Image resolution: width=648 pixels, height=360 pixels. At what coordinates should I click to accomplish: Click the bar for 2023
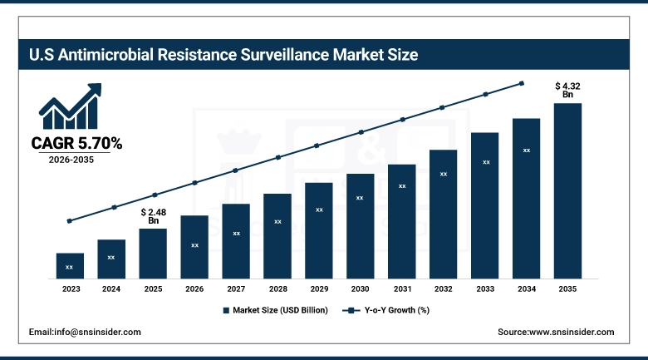(x=70, y=265)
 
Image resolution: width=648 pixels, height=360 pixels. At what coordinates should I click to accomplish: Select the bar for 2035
(x=567, y=190)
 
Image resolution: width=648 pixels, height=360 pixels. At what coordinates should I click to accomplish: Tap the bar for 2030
(x=360, y=225)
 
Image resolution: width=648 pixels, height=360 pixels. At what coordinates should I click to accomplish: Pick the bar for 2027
(x=236, y=240)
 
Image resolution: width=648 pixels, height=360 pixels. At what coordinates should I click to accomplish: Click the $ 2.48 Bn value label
(x=153, y=216)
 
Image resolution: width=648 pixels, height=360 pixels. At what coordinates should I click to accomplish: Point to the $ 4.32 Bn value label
(x=567, y=90)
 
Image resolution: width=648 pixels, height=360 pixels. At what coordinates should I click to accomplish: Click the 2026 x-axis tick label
(x=194, y=288)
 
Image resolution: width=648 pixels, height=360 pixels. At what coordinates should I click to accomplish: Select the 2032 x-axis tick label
(x=443, y=288)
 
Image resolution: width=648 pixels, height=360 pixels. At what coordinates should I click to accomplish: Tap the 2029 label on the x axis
(x=318, y=288)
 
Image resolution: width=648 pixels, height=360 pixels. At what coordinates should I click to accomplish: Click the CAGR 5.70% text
(x=76, y=144)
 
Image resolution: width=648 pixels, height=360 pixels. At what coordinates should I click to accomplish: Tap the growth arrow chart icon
(x=70, y=106)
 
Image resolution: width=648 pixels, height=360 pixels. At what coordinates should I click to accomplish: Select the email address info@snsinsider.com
(x=85, y=332)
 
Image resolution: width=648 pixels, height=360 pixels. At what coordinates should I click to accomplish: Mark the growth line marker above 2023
(x=70, y=221)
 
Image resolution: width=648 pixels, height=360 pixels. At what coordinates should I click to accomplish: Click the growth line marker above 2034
(x=522, y=83)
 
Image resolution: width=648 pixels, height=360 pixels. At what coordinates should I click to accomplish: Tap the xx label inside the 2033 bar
(x=484, y=162)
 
